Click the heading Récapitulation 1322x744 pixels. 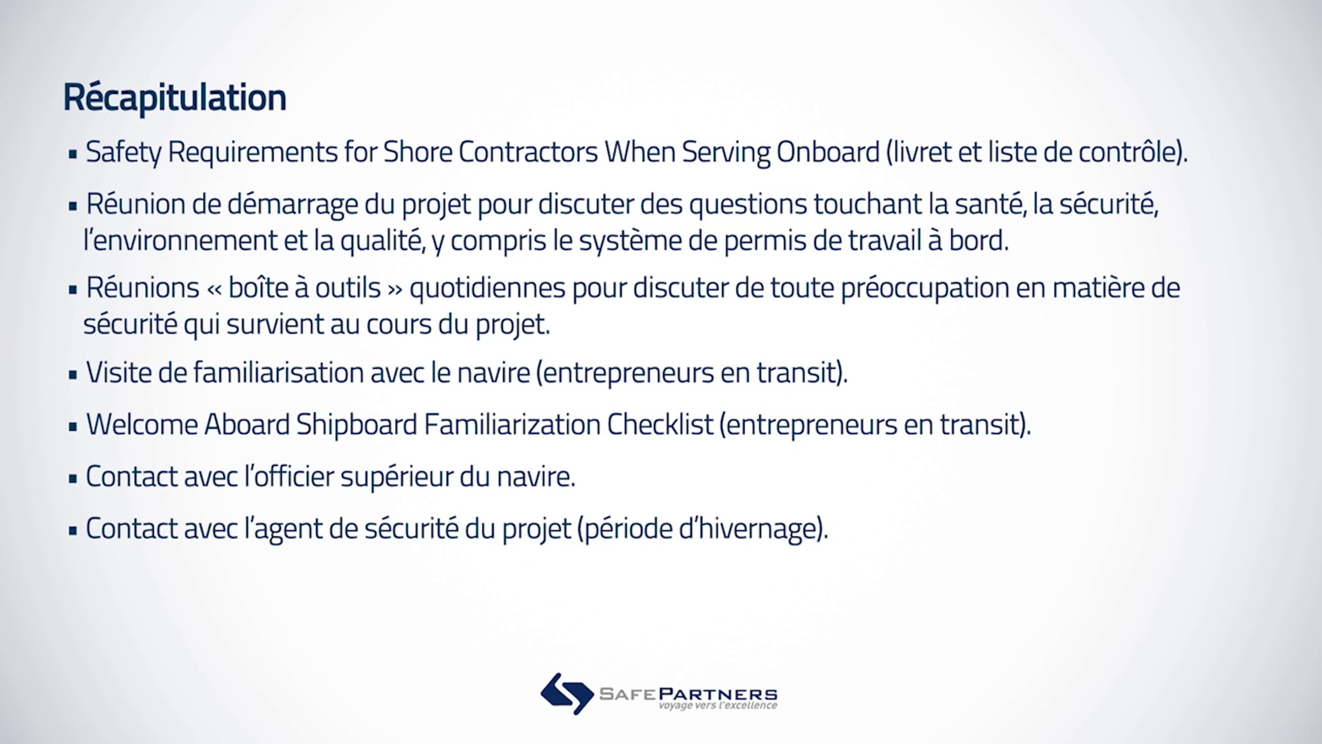[x=175, y=98]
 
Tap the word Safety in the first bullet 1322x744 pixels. [x=123, y=153]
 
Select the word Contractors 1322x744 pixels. [x=528, y=152]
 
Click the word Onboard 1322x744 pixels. [x=828, y=152]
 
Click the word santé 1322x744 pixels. [x=989, y=204]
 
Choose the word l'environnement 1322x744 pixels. [x=180, y=240]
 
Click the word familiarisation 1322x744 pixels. [x=278, y=373]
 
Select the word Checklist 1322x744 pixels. [x=660, y=425]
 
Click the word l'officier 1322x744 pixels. [x=289, y=477]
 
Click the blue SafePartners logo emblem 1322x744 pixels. [x=567, y=693]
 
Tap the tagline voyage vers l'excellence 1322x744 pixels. [x=718, y=705]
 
